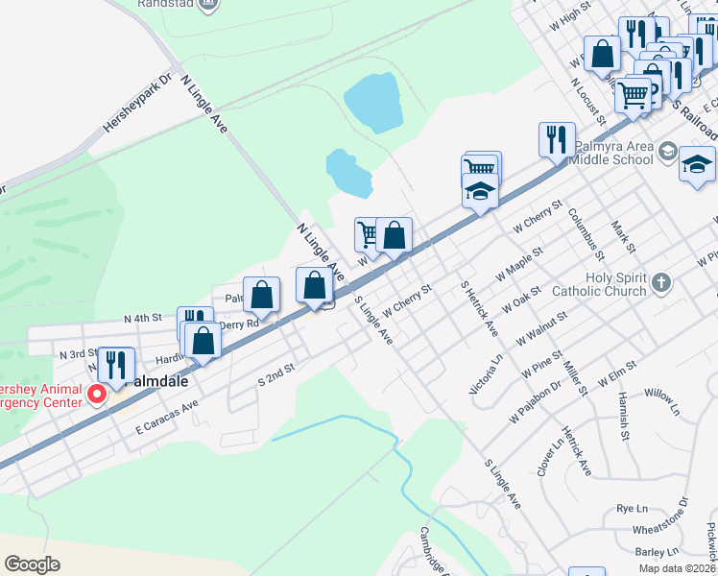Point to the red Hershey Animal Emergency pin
pyautogui.click(x=96, y=395)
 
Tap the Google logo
pyautogui.click(x=33, y=564)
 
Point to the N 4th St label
pyautogui.click(x=143, y=318)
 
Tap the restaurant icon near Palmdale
pyautogui.click(x=116, y=365)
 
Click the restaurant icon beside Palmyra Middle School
pyautogui.click(x=557, y=140)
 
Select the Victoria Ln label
pyautogui.click(x=485, y=374)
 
